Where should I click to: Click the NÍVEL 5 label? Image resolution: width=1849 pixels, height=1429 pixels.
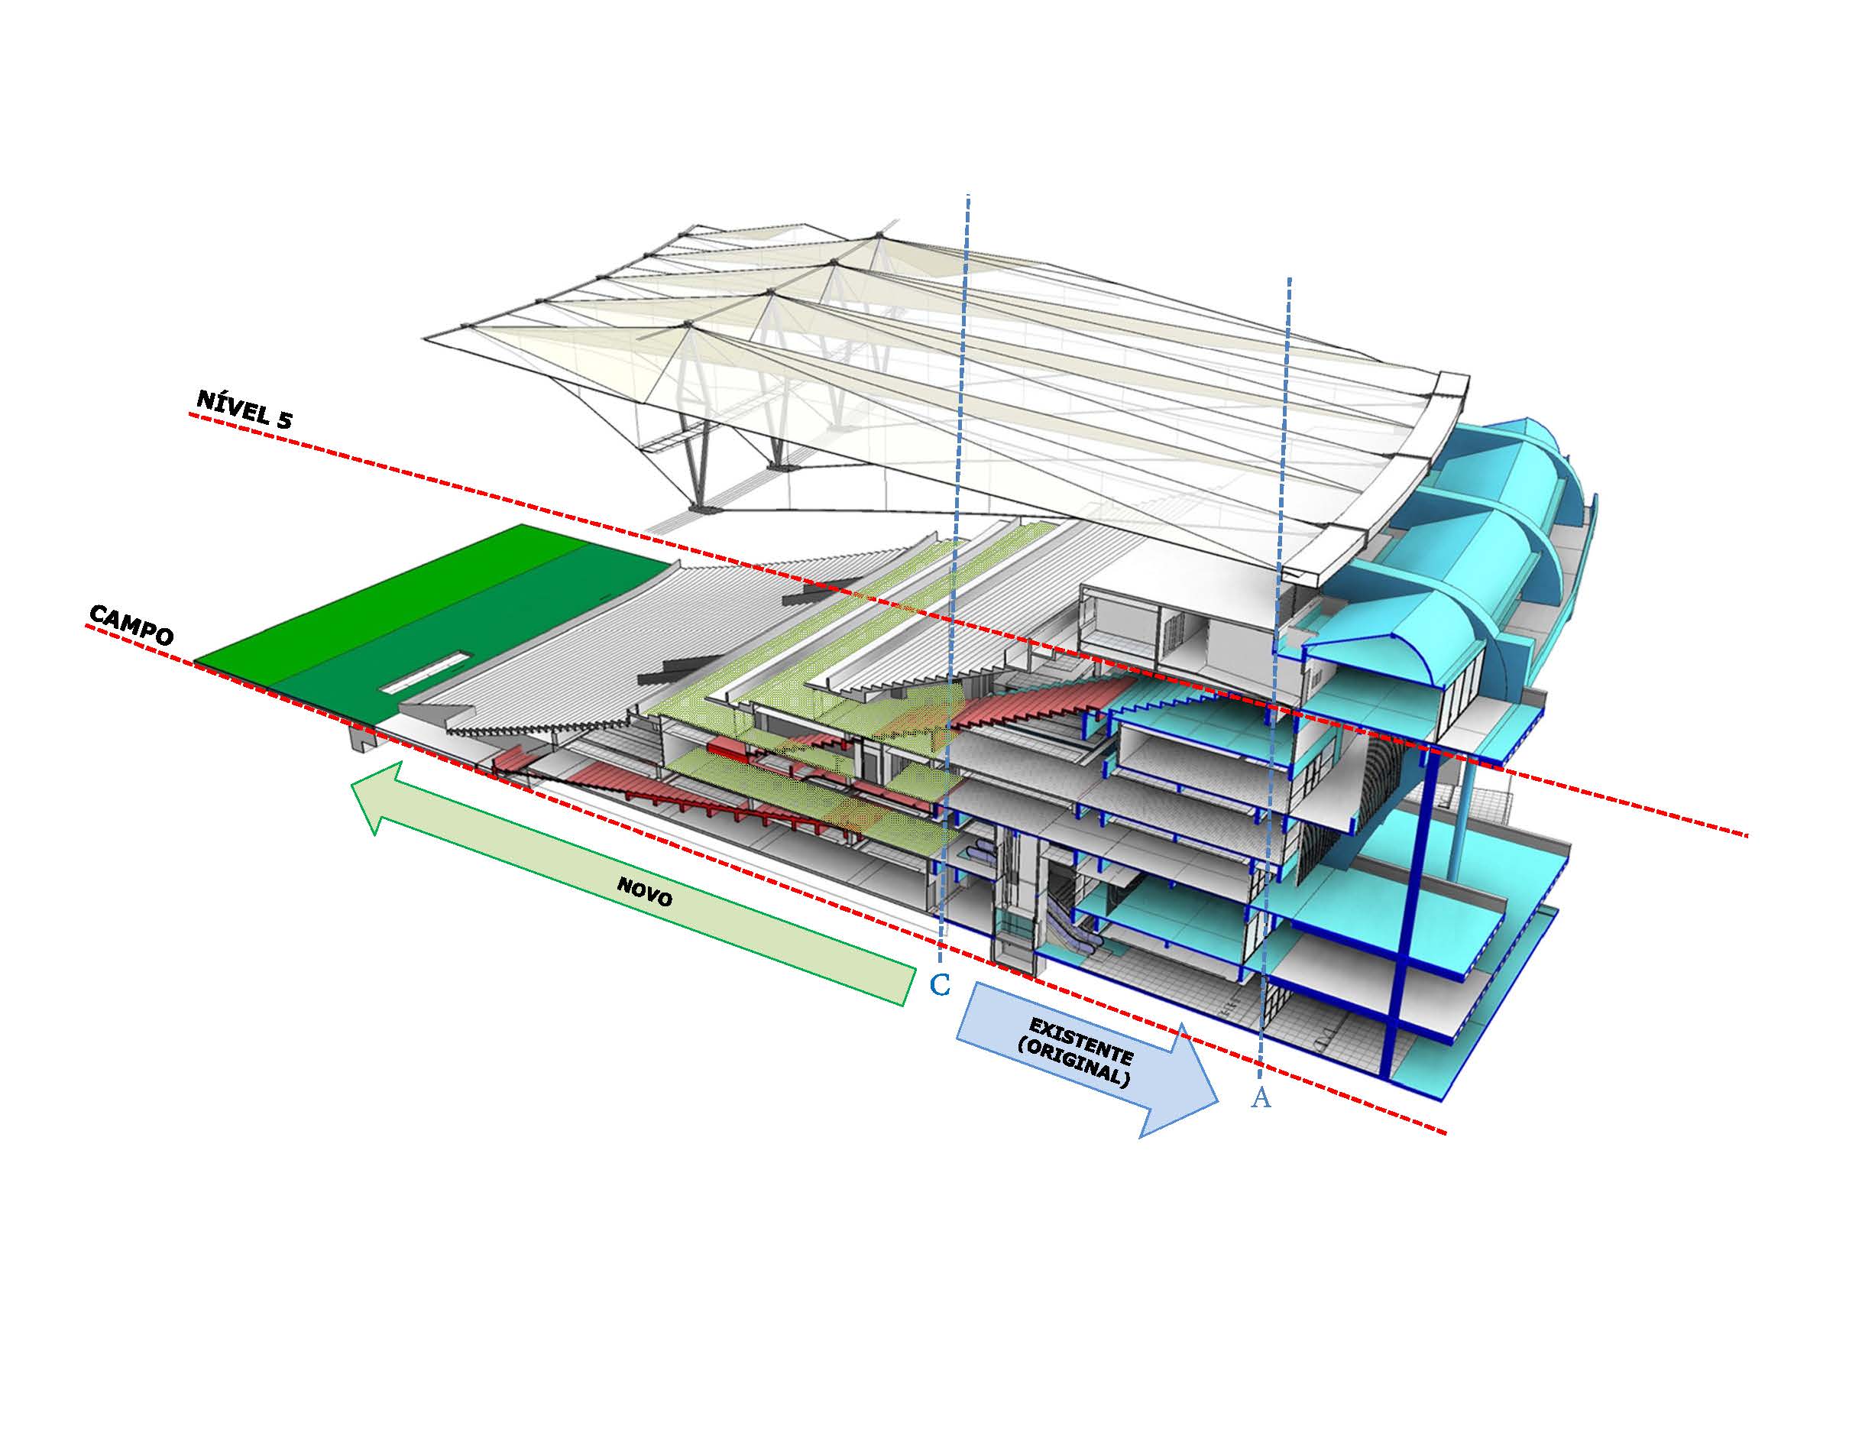244,409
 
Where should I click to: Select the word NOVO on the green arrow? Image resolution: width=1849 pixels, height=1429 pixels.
645,892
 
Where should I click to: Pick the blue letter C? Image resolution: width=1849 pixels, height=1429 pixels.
941,984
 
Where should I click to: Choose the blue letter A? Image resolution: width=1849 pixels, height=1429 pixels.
1261,1098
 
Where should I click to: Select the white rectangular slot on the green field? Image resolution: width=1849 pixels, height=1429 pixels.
424,673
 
